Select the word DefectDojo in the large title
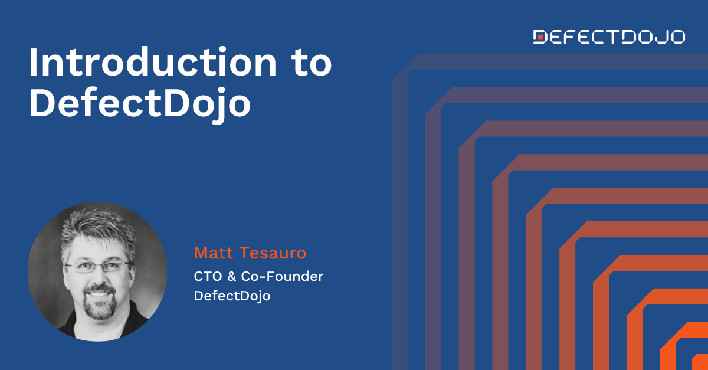coord(140,104)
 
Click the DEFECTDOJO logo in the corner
coord(609,37)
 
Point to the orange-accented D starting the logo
coord(540,37)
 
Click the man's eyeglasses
coord(98,267)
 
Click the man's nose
coord(98,277)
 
